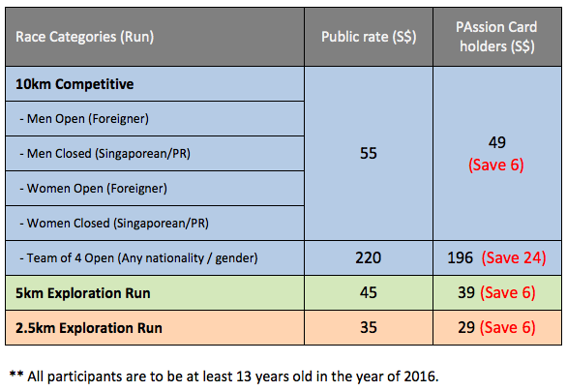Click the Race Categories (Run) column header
[84, 37]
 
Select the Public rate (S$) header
[369, 37]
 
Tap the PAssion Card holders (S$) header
[496, 37]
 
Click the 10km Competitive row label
[75, 84]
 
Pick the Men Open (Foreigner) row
[84, 119]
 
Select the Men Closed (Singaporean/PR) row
[104, 153]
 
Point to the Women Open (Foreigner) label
[93, 189]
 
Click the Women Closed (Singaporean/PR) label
[114, 224]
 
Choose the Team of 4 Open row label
[139, 258]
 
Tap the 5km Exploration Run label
[83, 293]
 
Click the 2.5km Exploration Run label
[89, 328]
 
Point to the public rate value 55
[369, 153]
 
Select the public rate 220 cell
[369, 257]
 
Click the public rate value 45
[369, 292]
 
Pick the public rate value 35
[369, 328]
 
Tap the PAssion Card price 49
[496, 142]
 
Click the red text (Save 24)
[514, 257]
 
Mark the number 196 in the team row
[461, 257]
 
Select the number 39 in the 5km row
[466, 292]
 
